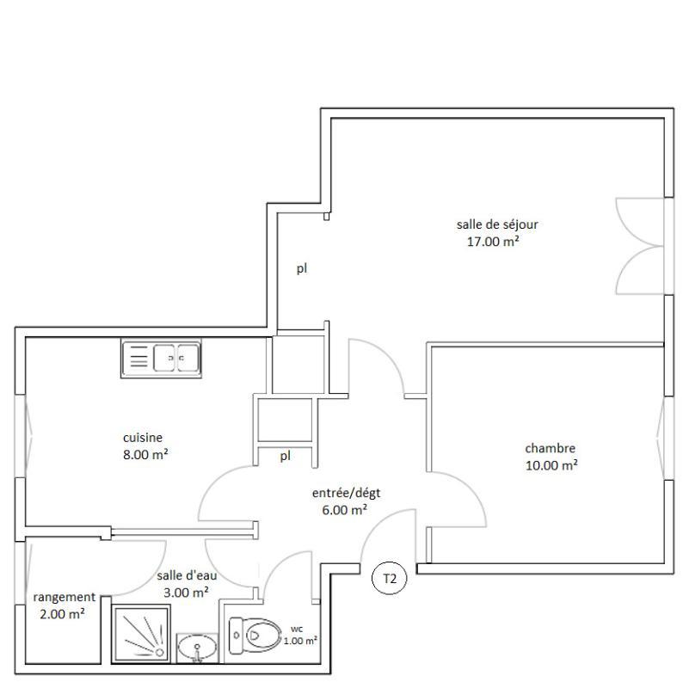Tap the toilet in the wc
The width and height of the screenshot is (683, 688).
pyautogui.click(x=259, y=636)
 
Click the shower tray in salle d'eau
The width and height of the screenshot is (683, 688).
pyautogui.click(x=143, y=632)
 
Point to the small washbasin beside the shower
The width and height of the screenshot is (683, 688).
pyautogui.click(x=198, y=648)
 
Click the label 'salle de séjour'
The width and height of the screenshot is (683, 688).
pyautogui.click(x=497, y=224)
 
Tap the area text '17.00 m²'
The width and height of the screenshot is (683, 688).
pyautogui.click(x=492, y=242)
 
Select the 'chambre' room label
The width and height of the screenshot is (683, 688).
pyautogui.click(x=550, y=448)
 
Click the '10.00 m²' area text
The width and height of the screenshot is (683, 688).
pyautogui.click(x=551, y=465)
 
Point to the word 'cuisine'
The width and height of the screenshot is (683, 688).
pyautogui.click(x=142, y=437)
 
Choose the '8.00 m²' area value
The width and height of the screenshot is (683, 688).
pyautogui.click(x=145, y=454)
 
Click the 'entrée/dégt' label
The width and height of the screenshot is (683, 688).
pyautogui.click(x=346, y=493)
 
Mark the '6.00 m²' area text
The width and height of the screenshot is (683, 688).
pyautogui.click(x=343, y=509)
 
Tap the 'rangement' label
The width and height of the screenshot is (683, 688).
pyautogui.click(x=64, y=597)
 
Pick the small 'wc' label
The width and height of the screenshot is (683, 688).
pyautogui.click(x=296, y=629)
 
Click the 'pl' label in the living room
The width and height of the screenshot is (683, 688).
pyautogui.click(x=302, y=268)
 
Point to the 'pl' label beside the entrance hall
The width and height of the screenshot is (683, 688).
pyautogui.click(x=285, y=456)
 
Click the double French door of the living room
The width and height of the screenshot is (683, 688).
pyautogui.click(x=639, y=247)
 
